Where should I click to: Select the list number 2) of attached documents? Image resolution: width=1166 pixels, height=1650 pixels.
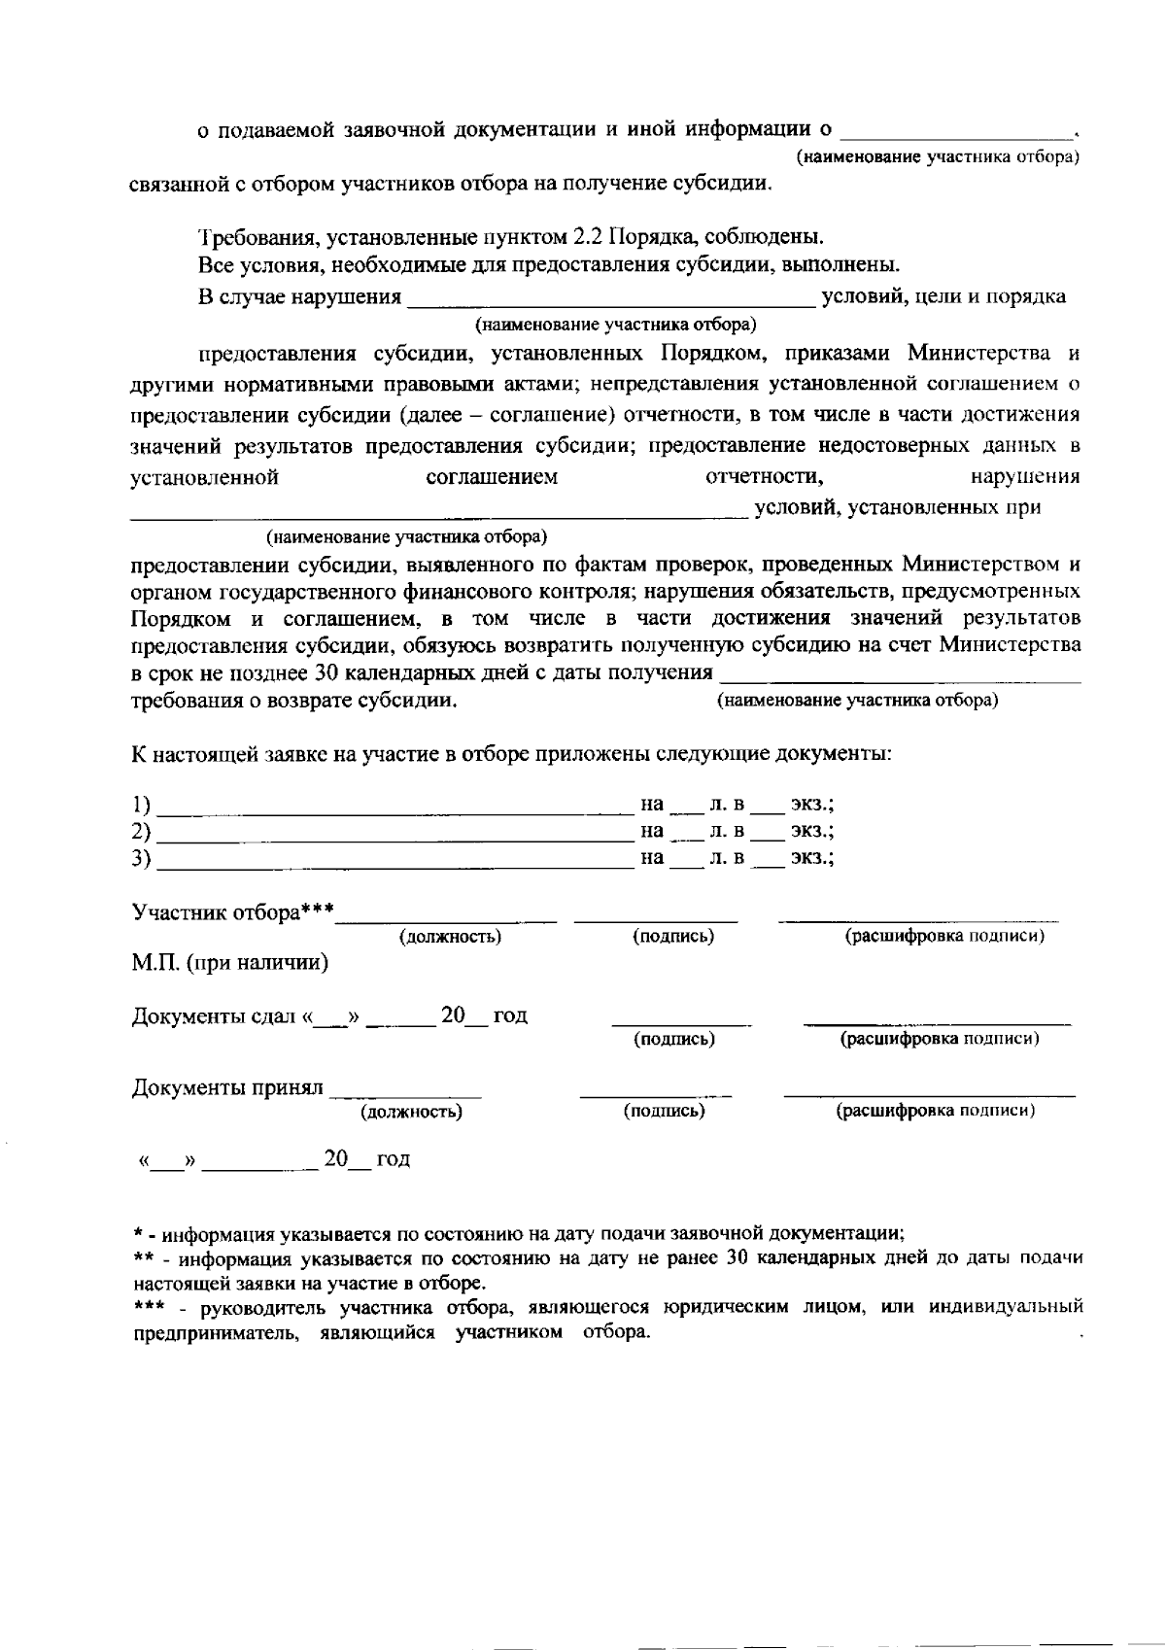click(142, 832)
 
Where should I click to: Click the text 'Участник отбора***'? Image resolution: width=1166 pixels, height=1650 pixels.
click(233, 912)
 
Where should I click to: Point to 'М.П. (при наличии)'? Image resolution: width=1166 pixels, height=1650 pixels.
click(230, 964)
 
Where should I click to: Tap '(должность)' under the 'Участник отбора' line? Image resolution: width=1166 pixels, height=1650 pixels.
click(450, 937)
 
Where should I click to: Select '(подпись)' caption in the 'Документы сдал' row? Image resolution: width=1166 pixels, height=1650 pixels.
click(673, 1040)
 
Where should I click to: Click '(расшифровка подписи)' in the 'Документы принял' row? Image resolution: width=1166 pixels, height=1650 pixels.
click(935, 1111)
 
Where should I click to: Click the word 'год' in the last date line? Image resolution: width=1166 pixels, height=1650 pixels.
click(393, 1159)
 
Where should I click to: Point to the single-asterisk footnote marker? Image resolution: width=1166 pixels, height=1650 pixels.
click(138, 1234)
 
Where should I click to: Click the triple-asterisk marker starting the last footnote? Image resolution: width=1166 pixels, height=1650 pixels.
click(148, 1306)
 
